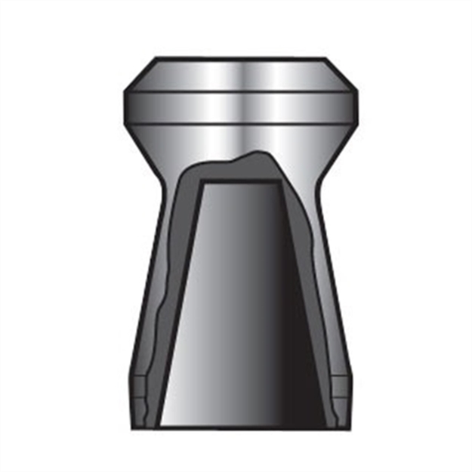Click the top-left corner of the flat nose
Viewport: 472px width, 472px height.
(x=157, y=58)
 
